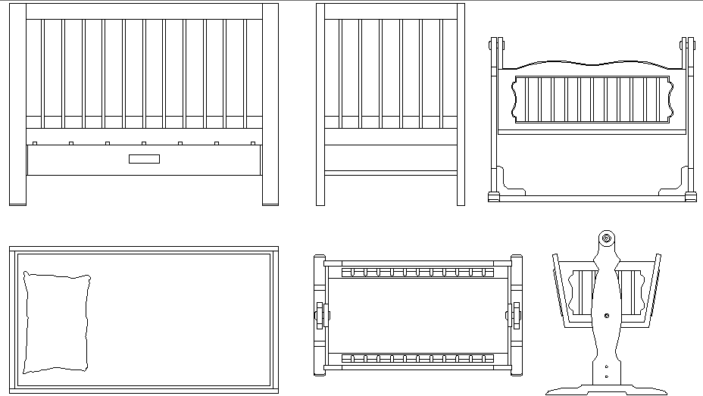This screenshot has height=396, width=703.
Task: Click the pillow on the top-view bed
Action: pyautogui.click(x=58, y=323)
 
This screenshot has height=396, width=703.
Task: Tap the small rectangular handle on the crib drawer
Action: pyautogui.click(x=144, y=159)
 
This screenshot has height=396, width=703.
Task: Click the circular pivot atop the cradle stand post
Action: pyautogui.click(x=606, y=239)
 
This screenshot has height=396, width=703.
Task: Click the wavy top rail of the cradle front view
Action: pyautogui.click(x=592, y=65)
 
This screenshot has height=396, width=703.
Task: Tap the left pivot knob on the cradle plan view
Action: pyautogui.click(x=320, y=315)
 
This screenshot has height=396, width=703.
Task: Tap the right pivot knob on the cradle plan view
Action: pyautogui.click(x=516, y=315)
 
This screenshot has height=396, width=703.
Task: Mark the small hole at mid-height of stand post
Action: pyautogui.click(x=606, y=315)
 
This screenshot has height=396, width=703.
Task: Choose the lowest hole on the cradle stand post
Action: pyautogui.click(x=606, y=375)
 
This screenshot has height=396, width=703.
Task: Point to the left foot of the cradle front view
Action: pyautogui.click(x=494, y=197)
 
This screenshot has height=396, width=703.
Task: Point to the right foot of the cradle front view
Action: pyautogui.click(x=690, y=197)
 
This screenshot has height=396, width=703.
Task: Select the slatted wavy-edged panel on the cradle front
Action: pyautogui.click(x=592, y=99)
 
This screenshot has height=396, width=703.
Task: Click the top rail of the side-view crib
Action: pyautogui.click(x=390, y=11)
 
